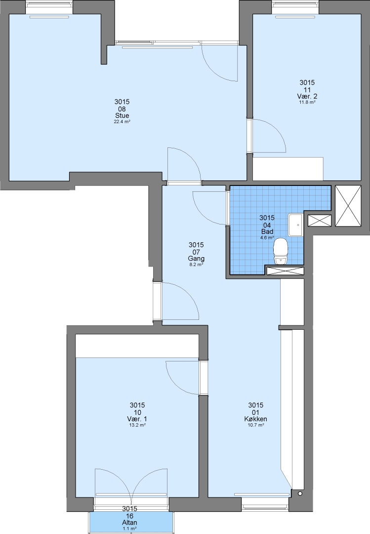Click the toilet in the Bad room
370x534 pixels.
[281, 251]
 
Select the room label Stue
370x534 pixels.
[122, 116]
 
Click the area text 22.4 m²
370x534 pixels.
[122, 122]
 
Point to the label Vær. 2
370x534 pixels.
[307, 96]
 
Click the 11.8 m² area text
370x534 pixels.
[307, 102]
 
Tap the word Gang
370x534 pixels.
[196, 259]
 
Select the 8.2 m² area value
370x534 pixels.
[197, 264]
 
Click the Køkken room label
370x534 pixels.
[255, 419]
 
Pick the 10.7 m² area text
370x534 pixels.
[256, 425]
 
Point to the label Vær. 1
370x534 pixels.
[137, 419]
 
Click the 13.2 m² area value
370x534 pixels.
[137, 425]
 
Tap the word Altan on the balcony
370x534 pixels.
[130, 523]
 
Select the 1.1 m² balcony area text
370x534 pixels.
[130, 529]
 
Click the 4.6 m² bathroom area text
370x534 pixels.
[267, 238]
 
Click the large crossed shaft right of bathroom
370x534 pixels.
[348, 206]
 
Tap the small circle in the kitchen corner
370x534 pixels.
[300, 493]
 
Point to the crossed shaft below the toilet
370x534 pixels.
[285, 271]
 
